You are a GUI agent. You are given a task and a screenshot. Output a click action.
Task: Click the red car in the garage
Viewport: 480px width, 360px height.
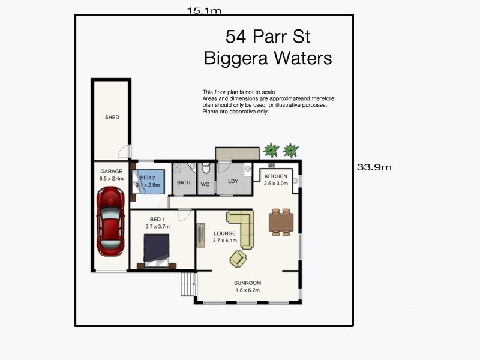click(110, 220)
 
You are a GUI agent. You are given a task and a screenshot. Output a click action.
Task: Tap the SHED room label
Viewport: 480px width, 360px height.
click(112, 118)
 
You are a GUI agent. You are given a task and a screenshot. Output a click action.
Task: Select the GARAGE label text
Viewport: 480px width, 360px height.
click(111, 171)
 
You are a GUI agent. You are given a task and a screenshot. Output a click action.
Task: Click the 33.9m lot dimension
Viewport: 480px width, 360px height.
click(374, 167)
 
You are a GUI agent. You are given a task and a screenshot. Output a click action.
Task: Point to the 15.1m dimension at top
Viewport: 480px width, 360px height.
click(204, 10)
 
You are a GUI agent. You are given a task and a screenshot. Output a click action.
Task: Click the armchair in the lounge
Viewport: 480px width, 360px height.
click(238, 258)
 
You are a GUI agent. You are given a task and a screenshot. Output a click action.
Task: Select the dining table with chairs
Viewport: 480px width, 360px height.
click(280, 222)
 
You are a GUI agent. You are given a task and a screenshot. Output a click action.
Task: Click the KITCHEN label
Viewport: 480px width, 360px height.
click(276, 176)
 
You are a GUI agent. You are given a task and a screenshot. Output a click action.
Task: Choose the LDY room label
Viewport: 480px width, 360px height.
click(233, 182)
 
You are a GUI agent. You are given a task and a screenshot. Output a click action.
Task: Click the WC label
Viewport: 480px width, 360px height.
click(205, 184)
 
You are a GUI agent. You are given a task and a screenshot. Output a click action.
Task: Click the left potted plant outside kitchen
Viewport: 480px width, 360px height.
click(272, 150)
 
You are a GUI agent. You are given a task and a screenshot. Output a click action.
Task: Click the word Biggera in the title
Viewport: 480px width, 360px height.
click(236, 58)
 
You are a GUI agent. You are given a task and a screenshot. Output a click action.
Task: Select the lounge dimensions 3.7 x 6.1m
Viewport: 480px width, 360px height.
click(225, 241)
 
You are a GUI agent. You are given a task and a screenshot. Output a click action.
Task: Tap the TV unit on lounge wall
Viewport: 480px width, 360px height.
click(200, 235)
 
